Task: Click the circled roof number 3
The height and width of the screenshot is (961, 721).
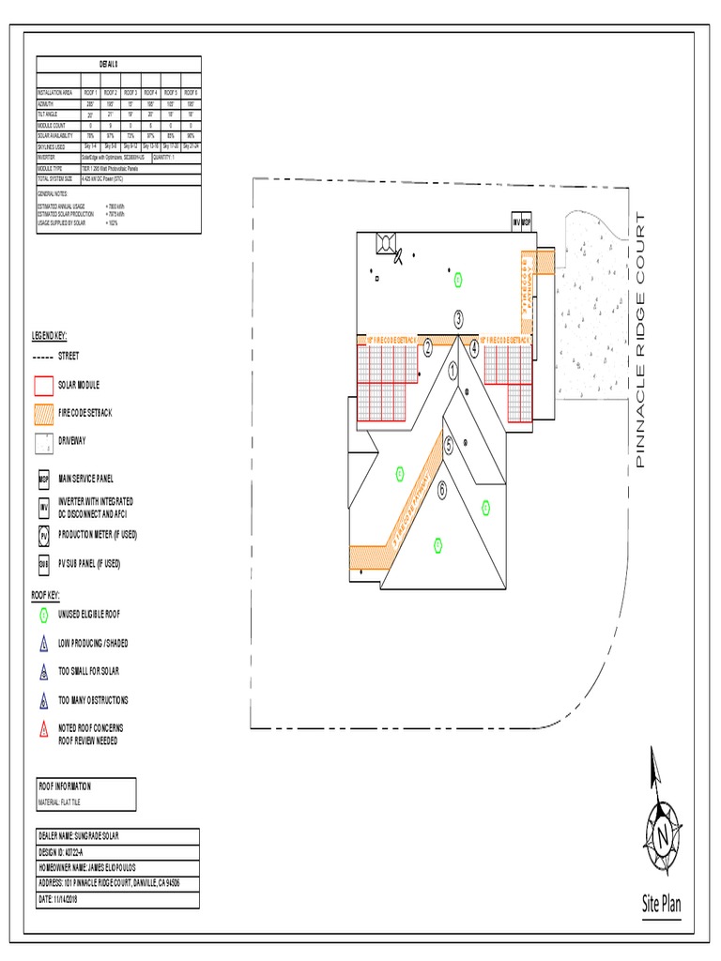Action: pyautogui.click(x=458, y=319)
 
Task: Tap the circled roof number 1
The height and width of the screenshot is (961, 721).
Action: pyautogui.click(x=453, y=372)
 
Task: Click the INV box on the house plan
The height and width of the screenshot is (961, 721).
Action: pyautogui.click(x=515, y=222)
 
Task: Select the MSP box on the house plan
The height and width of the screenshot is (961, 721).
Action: pyautogui.click(x=527, y=222)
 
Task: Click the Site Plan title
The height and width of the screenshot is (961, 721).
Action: pyautogui.click(x=661, y=905)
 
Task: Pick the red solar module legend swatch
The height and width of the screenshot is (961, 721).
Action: pyautogui.click(x=43, y=385)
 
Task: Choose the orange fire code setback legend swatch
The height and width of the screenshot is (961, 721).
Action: pyautogui.click(x=43, y=412)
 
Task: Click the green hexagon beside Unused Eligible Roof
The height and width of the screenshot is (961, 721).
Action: pyautogui.click(x=43, y=614)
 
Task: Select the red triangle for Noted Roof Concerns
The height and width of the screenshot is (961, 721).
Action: pyautogui.click(x=43, y=729)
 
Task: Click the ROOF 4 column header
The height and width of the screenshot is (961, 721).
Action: pyautogui.click(x=150, y=93)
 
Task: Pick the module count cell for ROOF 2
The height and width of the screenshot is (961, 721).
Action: pyautogui.click(x=110, y=125)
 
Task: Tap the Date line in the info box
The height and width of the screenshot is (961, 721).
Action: pyautogui.click(x=59, y=899)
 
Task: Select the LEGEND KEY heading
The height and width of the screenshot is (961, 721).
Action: pyautogui.click(x=50, y=335)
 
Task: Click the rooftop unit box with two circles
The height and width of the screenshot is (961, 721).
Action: pyautogui.click(x=385, y=244)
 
